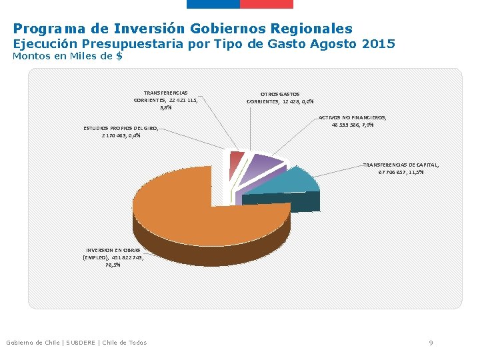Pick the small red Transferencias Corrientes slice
(x=235, y=159)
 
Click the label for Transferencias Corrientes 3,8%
(x=165, y=100)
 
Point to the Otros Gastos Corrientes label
(x=280, y=98)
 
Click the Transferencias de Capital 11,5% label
(x=401, y=168)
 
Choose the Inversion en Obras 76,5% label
(x=113, y=257)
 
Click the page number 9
(x=431, y=343)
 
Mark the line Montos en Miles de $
(x=67, y=57)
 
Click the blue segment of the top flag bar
(x=213, y=4)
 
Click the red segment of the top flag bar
(x=266, y=4)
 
